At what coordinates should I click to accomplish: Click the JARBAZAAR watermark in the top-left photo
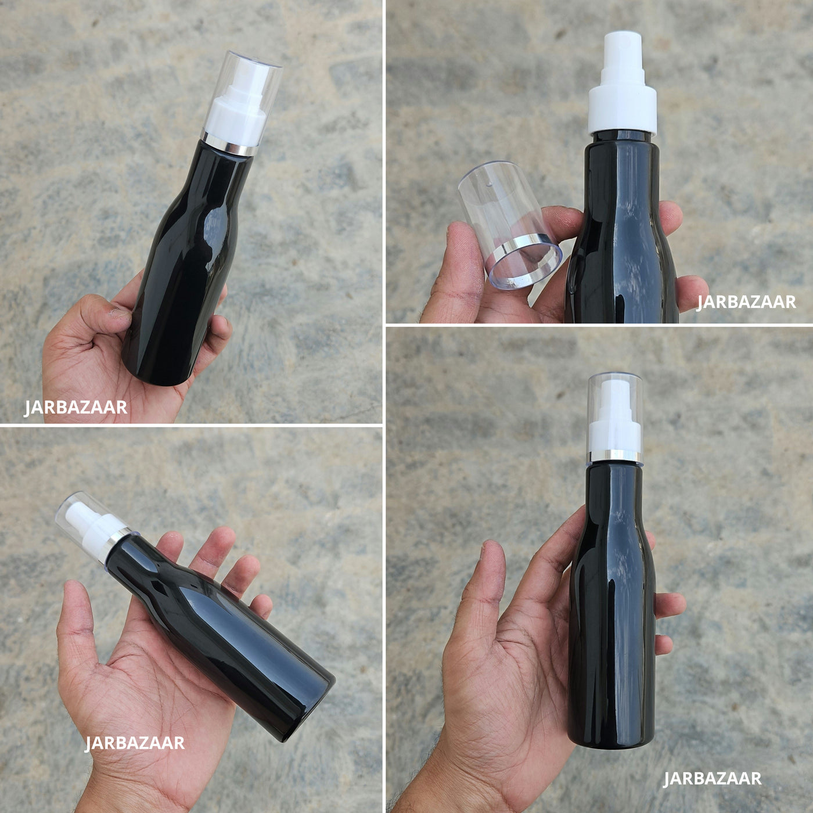tap(75, 408)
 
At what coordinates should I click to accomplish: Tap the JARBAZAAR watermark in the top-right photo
tap(746, 302)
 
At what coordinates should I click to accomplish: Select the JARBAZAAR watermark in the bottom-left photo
tap(135, 743)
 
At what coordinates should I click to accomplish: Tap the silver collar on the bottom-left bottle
tap(113, 545)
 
